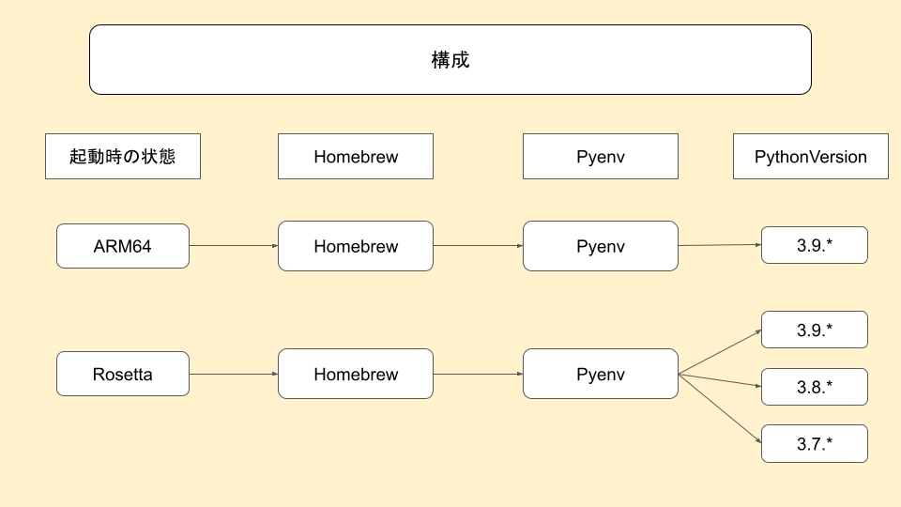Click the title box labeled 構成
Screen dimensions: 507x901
point(450,60)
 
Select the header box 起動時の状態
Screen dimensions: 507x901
point(123,157)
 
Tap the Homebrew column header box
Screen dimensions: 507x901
point(356,157)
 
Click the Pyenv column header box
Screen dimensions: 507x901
point(601,157)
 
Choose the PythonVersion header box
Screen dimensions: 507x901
point(811,157)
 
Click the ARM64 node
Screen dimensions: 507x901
point(123,246)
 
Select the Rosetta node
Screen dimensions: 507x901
point(123,374)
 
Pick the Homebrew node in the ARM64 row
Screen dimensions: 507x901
point(356,246)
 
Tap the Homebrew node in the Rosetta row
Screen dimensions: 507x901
point(356,374)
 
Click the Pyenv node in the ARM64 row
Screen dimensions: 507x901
point(601,246)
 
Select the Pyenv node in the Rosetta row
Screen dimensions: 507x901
point(601,374)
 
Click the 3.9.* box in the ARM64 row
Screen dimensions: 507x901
point(815,245)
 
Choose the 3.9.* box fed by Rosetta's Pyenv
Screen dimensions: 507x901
point(815,330)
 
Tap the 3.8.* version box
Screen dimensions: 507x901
point(815,387)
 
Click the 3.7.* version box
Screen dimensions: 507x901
point(815,443)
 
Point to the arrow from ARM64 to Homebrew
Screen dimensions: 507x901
point(234,246)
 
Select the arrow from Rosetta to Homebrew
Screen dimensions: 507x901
point(234,374)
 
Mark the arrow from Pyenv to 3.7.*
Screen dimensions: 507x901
point(720,408)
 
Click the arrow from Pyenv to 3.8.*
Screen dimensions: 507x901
point(720,380)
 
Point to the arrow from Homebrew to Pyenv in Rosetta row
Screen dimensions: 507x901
point(478,374)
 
